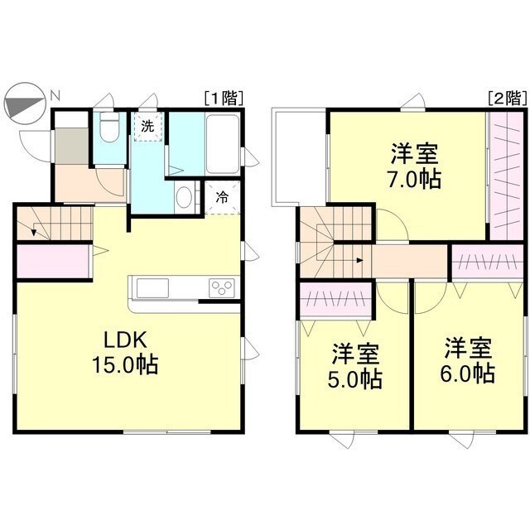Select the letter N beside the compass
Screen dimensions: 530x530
pyautogui.click(x=55, y=95)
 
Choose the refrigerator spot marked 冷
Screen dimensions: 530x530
pyautogui.click(x=222, y=198)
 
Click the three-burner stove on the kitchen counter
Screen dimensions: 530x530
pyautogui.click(x=222, y=287)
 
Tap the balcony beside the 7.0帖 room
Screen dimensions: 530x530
pyautogui.click(x=299, y=157)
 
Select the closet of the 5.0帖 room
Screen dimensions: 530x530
pyautogui.click(x=335, y=298)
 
